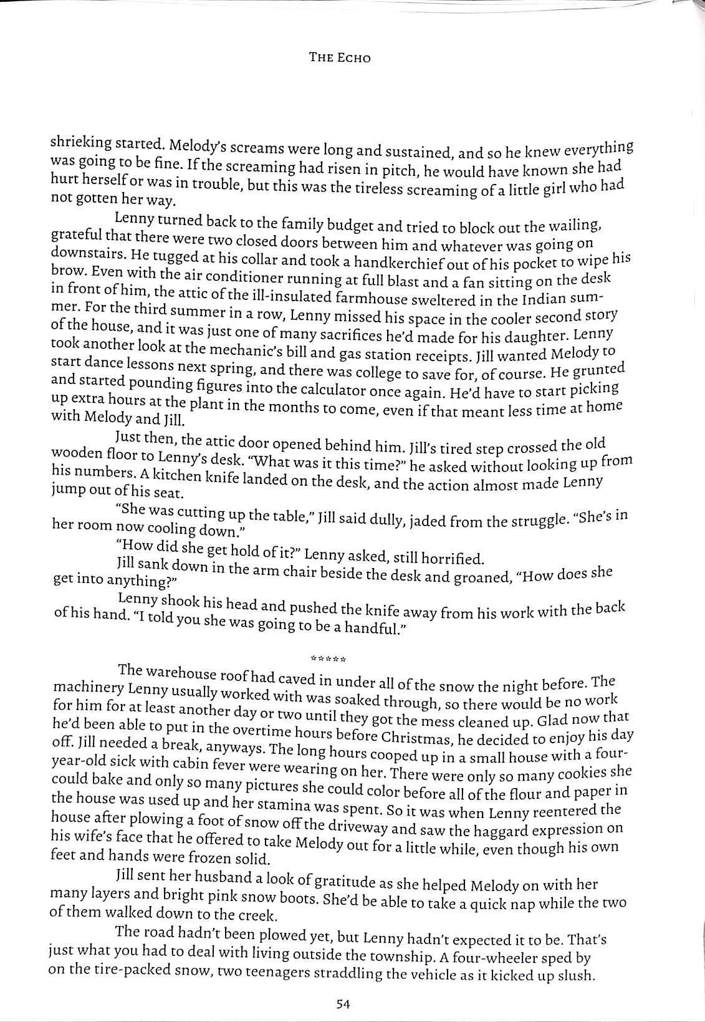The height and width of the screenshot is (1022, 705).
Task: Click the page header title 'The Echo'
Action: pos(340,57)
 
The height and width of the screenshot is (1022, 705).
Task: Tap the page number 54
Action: pos(343,1003)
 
